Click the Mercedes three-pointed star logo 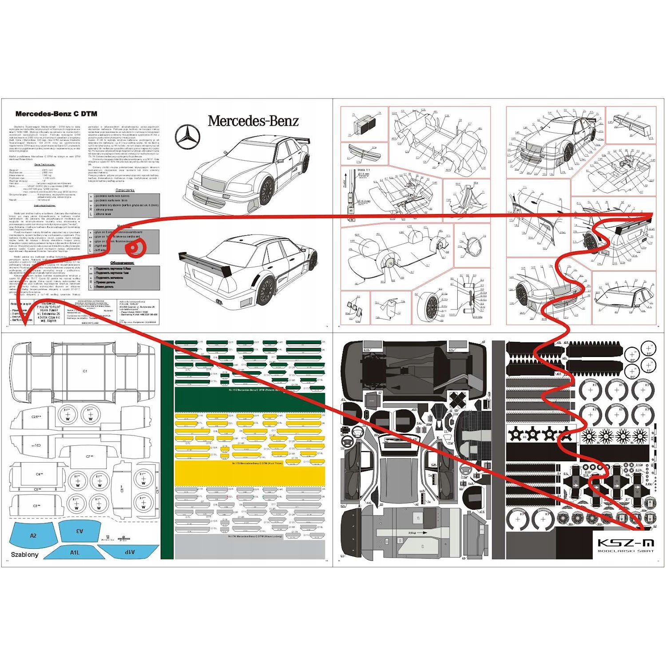point(188,137)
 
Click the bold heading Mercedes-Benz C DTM point(56,114)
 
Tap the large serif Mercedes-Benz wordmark point(253,121)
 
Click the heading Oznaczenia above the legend point(125,190)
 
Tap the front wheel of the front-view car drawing point(267,191)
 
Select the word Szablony point(24,555)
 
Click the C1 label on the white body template point(85,371)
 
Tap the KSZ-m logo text point(626,543)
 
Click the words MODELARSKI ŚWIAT point(626,551)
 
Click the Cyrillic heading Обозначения point(123,263)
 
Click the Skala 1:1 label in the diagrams point(364,170)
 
